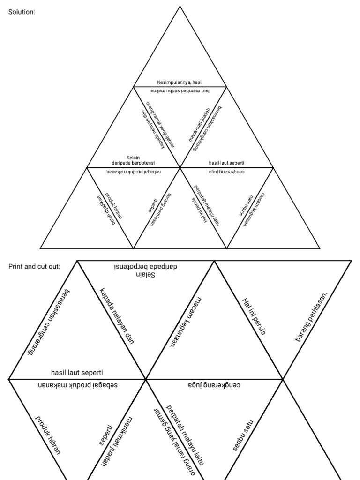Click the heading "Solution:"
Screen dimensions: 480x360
(22, 12)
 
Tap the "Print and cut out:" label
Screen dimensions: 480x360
(34, 266)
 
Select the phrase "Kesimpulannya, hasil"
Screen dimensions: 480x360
(180, 82)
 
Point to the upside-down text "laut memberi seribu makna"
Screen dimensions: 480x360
(180, 91)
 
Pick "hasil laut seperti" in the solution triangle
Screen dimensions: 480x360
(227, 163)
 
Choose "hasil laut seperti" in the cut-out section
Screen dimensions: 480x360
(77, 373)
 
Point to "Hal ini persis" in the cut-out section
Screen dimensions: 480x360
(255, 317)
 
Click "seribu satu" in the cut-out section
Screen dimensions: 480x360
(243, 435)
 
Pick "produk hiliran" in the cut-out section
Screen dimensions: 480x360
(48, 435)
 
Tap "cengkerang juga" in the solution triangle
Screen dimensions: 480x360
(227, 172)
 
